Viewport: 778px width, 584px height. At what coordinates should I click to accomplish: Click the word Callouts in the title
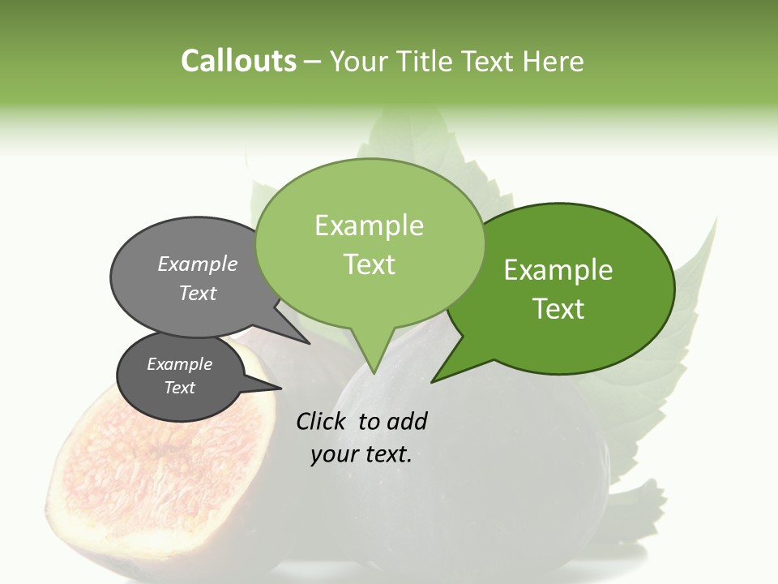click(238, 62)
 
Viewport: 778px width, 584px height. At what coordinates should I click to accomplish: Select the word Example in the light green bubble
click(369, 225)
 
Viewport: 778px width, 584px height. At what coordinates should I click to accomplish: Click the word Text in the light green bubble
click(369, 264)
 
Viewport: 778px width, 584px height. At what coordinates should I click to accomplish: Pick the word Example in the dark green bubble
click(558, 270)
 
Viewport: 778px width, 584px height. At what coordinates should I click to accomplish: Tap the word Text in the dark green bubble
click(558, 309)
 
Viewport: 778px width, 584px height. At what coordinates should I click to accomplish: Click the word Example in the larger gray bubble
click(198, 264)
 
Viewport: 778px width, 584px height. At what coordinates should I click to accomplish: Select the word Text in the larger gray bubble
click(198, 293)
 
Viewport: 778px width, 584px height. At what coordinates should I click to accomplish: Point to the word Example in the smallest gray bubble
click(179, 364)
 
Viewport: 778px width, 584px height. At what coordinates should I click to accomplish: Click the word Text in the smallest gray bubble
click(179, 388)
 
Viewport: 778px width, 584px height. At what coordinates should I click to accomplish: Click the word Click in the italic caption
click(323, 421)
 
